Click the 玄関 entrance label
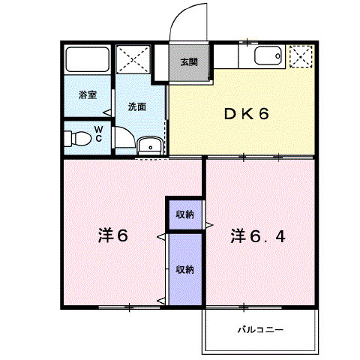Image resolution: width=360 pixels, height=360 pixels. pyautogui.click(x=189, y=62)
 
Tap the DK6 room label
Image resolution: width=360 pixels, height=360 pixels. pyautogui.click(x=247, y=114)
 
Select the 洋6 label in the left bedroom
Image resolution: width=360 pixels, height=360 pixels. pyautogui.click(x=113, y=235)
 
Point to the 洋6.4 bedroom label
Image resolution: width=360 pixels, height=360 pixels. pyautogui.click(x=258, y=236)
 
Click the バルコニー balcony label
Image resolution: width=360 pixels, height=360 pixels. pyautogui.click(x=260, y=329)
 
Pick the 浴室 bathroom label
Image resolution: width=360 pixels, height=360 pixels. pyautogui.click(x=88, y=95)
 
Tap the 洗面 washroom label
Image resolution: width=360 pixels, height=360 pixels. pyautogui.click(x=137, y=106)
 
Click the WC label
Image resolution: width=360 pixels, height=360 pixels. pyautogui.click(x=99, y=134)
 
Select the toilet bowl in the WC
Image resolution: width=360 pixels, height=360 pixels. pyautogui.click(x=78, y=139)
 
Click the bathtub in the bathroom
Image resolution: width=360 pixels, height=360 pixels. pyautogui.click(x=87, y=59)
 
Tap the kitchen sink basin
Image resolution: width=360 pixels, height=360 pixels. pyautogui.click(x=268, y=55)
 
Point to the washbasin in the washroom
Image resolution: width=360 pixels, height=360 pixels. pyautogui.click(x=150, y=145)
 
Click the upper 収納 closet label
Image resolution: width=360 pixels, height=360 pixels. pyautogui.click(x=185, y=214)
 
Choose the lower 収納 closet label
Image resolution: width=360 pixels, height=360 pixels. pyautogui.click(x=185, y=269)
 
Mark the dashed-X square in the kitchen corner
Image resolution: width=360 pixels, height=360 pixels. pyautogui.click(x=301, y=56)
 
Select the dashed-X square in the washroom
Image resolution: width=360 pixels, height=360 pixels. pyautogui.click(x=133, y=59)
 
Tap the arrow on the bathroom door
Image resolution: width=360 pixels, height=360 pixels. pyautogui.click(x=107, y=113)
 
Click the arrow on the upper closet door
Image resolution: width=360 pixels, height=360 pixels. pyautogui.click(x=209, y=225)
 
